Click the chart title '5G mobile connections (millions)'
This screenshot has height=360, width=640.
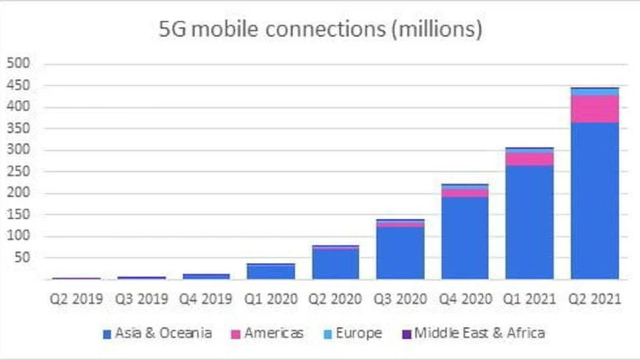point(320,30)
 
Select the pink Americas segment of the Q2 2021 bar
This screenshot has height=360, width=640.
point(594,109)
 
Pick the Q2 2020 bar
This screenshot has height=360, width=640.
point(335,264)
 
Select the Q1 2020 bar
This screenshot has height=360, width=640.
point(270,272)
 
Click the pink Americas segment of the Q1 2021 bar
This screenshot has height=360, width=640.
point(530,159)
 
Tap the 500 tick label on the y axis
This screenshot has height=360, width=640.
point(18,64)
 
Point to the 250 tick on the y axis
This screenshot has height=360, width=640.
point(18,172)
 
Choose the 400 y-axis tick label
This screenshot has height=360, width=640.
point(18,107)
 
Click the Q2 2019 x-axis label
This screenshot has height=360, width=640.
point(77,299)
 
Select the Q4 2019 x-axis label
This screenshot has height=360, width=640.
point(206,299)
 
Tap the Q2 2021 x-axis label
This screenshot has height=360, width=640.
point(594,299)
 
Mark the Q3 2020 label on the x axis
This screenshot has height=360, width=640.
point(400,299)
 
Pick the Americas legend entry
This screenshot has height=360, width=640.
point(269,333)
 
